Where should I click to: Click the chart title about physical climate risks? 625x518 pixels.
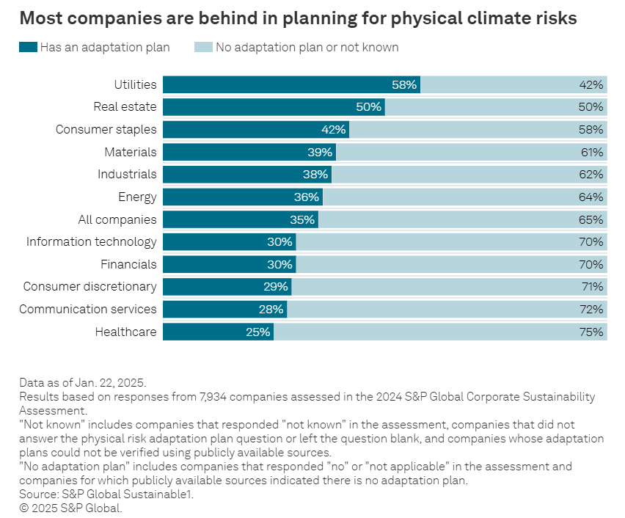298,18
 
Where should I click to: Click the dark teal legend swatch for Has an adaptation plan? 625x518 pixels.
27,48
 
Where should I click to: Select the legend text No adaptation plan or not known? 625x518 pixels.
307,48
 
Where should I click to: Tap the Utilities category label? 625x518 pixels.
135,84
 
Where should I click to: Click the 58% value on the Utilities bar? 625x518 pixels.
404,84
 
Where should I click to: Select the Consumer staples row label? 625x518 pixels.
106,129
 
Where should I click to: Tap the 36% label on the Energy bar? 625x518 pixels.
307,197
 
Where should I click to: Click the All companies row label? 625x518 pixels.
117,219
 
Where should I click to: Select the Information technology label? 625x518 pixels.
92,241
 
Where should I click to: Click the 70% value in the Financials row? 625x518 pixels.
591,264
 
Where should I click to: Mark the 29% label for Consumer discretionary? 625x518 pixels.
276,286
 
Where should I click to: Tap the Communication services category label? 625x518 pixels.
88,309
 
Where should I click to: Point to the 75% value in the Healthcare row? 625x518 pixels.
591,332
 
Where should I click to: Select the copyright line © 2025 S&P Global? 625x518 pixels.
70,508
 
